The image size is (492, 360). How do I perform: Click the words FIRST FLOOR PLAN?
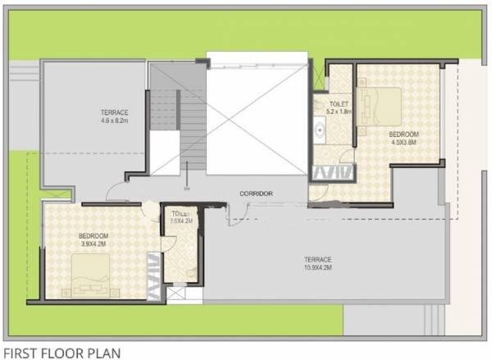[x=62, y=353]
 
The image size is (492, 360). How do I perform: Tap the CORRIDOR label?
[x=256, y=194]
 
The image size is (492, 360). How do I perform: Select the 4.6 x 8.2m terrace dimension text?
[x=115, y=122]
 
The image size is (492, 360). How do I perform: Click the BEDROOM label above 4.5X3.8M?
[x=403, y=134]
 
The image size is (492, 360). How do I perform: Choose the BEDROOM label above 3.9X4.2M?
[x=94, y=235]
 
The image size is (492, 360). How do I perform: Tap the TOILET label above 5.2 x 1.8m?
[x=338, y=103]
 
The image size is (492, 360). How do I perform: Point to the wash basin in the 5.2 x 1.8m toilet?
[x=320, y=130]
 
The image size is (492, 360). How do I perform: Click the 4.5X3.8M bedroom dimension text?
[x=403, y=142]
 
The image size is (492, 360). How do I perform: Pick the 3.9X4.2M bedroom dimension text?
[x=94, y=244]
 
